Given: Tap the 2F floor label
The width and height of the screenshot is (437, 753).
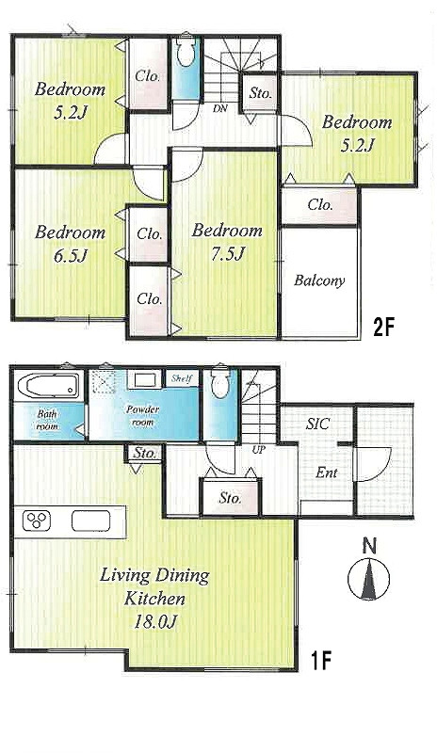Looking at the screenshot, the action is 383,328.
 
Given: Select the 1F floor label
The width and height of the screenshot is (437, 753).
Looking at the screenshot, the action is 320,661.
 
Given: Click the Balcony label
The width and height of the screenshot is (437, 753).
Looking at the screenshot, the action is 319,280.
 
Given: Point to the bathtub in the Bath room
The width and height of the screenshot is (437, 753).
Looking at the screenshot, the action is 48,386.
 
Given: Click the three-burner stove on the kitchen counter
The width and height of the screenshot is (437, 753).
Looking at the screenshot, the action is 37,521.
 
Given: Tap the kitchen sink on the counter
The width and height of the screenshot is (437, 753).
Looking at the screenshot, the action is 90,521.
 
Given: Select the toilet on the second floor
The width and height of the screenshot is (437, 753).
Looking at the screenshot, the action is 186,52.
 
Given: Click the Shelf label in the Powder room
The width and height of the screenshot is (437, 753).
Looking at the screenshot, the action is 182,378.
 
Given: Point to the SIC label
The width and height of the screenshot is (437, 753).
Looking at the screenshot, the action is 317,424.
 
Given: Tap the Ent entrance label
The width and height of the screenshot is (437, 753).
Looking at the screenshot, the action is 327,473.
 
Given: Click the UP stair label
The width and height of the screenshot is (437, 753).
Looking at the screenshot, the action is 259,451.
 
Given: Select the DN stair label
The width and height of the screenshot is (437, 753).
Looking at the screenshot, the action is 220,109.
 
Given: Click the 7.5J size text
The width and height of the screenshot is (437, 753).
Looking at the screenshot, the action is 227,253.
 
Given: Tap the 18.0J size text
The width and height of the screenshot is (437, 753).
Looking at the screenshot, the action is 155,622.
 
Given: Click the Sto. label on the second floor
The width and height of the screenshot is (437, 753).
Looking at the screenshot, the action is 260,93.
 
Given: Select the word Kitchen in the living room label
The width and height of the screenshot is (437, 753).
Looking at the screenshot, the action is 154,599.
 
